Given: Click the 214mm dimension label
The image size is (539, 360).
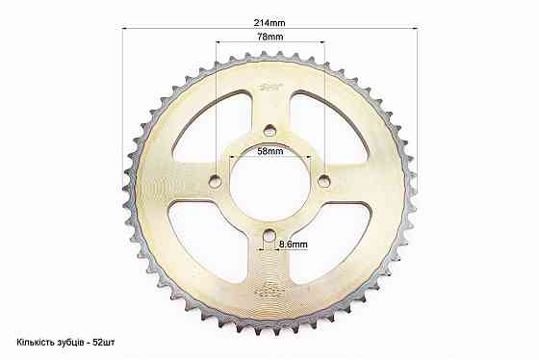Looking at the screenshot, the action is pos(269,23).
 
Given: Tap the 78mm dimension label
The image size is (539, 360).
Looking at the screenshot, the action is pos(270,37).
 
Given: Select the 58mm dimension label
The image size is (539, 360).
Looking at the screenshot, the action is pos(270,151).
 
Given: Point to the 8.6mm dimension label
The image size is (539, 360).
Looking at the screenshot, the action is pos(294,244).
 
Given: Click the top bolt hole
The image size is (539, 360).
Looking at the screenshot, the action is pos(269,131).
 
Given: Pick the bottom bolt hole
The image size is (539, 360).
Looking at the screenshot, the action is pos(269,235).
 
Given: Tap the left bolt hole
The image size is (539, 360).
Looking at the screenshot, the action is pos(216,181).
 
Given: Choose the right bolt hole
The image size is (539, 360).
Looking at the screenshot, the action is pos(324,181).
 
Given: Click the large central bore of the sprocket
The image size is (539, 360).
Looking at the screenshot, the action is pos(270,186).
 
